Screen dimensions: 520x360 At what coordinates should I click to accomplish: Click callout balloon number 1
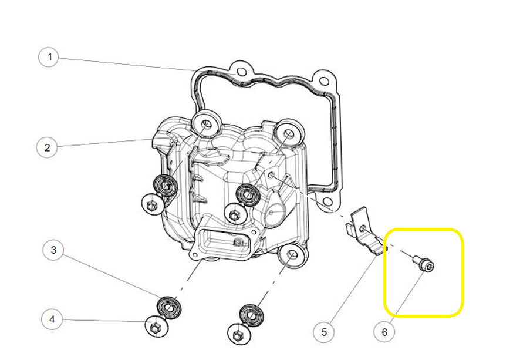(x=49, y=57)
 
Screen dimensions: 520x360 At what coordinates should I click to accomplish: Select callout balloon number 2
(x=47, y=147)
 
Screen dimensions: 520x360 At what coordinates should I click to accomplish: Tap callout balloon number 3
(x=53, y=250)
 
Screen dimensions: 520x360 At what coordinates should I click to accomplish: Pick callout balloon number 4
(x=52, y=319)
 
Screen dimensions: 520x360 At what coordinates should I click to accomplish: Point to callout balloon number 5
(x=324, y=331)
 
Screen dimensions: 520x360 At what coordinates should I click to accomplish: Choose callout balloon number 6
(x=384, y=331)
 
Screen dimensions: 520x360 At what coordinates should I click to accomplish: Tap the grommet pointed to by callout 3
(x=169, y=307)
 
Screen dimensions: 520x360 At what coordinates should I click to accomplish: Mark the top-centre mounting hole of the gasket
(x=241, y=71)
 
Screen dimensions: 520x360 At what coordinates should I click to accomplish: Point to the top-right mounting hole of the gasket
(x=323, y=80)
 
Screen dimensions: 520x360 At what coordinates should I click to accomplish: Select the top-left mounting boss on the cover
(x=206, y=124)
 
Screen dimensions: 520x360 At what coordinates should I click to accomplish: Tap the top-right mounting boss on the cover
(x=289, y=133)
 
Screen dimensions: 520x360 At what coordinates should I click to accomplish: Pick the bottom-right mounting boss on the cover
(x=292, y=255)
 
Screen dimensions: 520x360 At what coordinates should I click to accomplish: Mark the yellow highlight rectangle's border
(x=424, y=229)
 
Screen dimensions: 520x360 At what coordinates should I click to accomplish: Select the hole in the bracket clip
(x=363, y=228)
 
